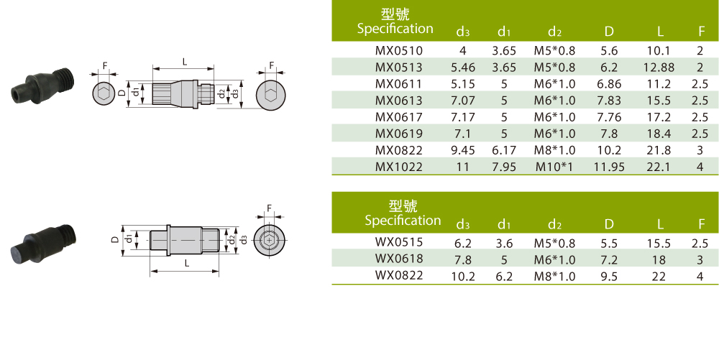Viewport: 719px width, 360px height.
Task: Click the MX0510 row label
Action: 398,50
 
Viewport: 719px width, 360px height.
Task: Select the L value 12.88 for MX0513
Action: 659,68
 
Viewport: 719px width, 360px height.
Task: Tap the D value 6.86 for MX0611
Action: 609,84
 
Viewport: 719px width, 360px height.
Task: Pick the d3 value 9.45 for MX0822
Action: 462,150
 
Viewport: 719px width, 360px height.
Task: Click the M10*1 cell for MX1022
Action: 554,167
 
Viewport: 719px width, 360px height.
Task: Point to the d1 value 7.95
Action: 504,167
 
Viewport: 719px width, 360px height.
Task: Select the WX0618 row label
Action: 398,259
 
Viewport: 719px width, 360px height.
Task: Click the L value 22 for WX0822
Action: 659,276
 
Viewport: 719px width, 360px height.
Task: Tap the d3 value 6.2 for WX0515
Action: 462,243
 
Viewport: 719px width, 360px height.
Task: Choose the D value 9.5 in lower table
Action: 609,276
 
